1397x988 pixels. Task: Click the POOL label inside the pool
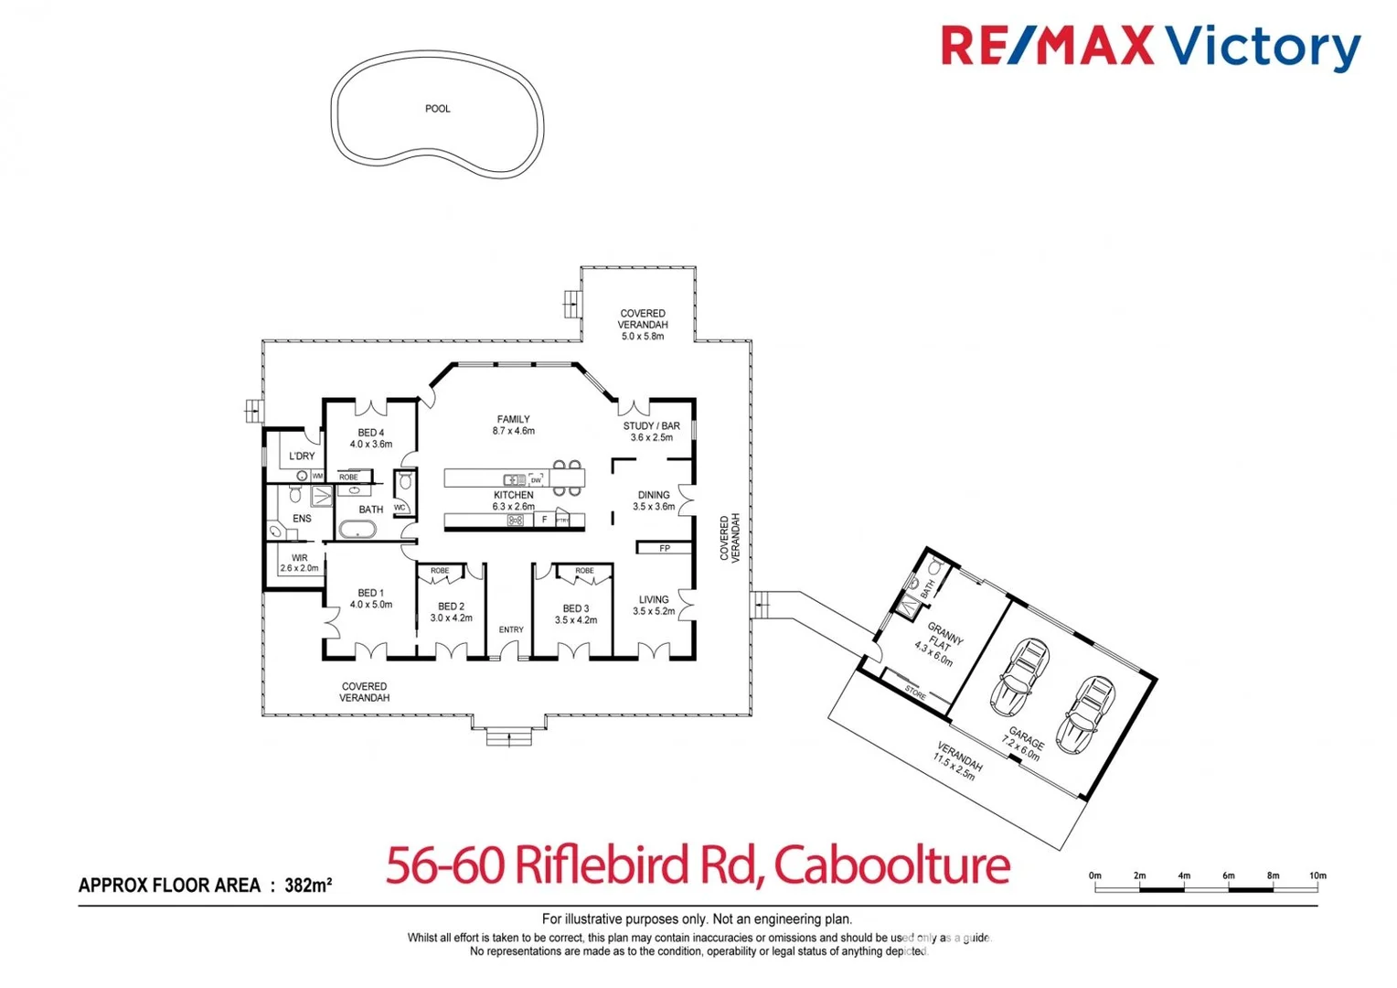pyautogui.click(x=437, y=109)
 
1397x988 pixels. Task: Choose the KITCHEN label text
pyautogui.click(x=513, y=495)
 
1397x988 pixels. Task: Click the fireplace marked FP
pyautogui.click(x=665, y=548)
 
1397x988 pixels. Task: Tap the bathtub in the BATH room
pyautogui.click(x=357, y=529)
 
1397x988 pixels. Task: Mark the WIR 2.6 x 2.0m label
pyautogui.click(x=299, y=563)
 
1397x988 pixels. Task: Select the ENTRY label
pyautogui.click(x=511, y=629)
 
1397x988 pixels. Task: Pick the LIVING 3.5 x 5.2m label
pyautogui.click(x=654, y=606)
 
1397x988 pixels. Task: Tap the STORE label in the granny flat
pyautogui.click(x=914, y=693)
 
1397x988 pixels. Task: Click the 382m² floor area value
pyautogui.click(x=308, y=885)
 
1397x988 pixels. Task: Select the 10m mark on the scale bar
pyautogui.click(x=1317, y=876)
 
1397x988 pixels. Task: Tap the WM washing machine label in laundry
pyautogui.click(x=317, y=476)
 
